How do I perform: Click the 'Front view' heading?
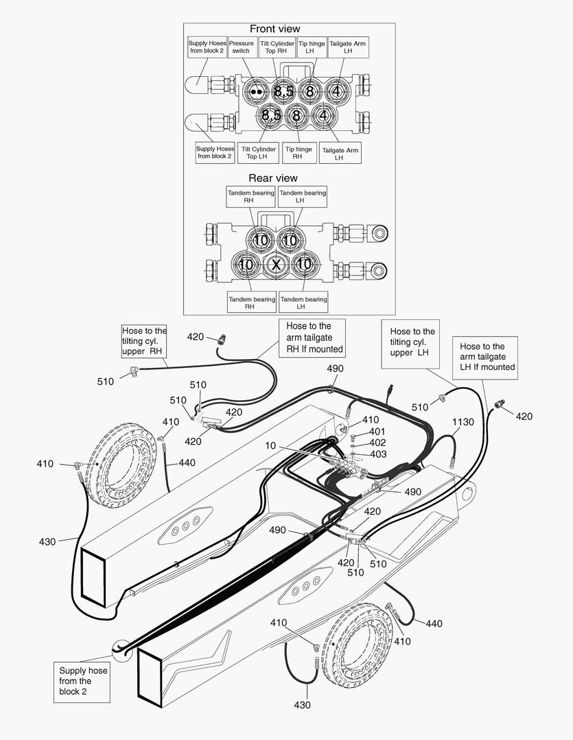274,29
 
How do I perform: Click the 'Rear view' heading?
273,178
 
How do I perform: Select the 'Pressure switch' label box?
241,47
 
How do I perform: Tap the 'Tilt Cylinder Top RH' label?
277,47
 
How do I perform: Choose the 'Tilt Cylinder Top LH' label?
259,153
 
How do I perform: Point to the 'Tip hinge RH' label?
299,153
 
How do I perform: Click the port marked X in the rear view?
276,264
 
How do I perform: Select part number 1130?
463,423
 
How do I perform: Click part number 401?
377,432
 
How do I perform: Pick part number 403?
377,454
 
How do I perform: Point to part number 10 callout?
271,446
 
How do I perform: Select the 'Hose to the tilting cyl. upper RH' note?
144,341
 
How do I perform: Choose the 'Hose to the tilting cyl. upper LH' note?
412,341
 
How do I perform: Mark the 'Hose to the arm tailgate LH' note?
487,356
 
